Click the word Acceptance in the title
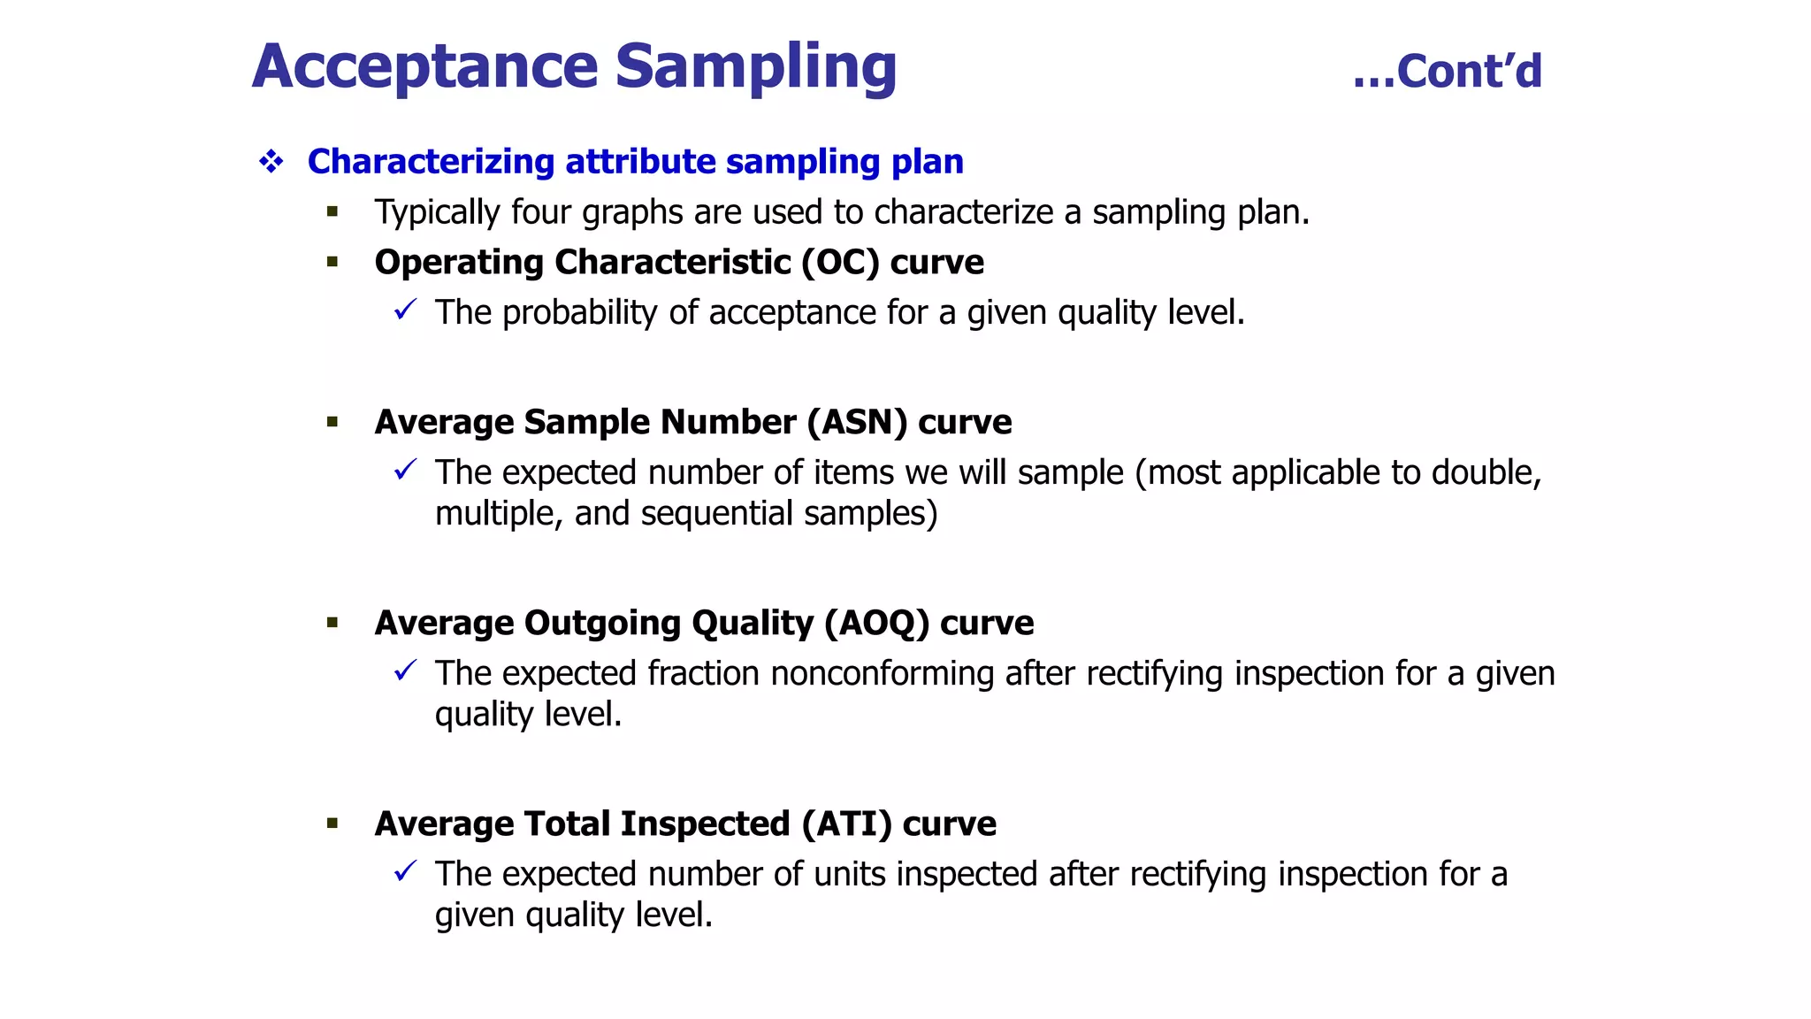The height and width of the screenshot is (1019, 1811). (x=425, y=67)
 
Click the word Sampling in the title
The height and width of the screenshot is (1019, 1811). (x=755, y=67)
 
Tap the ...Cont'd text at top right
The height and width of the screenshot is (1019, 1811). (x=1448, y=72)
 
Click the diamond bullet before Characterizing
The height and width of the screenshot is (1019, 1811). (x=271, y=162)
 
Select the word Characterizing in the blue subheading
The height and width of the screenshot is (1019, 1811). (x=431, y=162)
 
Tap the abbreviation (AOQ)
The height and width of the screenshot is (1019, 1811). (x=876, y=624)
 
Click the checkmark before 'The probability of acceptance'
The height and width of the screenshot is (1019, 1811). (x=405, y=310)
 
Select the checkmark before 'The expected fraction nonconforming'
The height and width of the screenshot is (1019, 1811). (x=405, y=671)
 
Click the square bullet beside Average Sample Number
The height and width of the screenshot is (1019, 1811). (x=332, y=423)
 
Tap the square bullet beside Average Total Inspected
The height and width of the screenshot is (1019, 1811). (x=332, y=824)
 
